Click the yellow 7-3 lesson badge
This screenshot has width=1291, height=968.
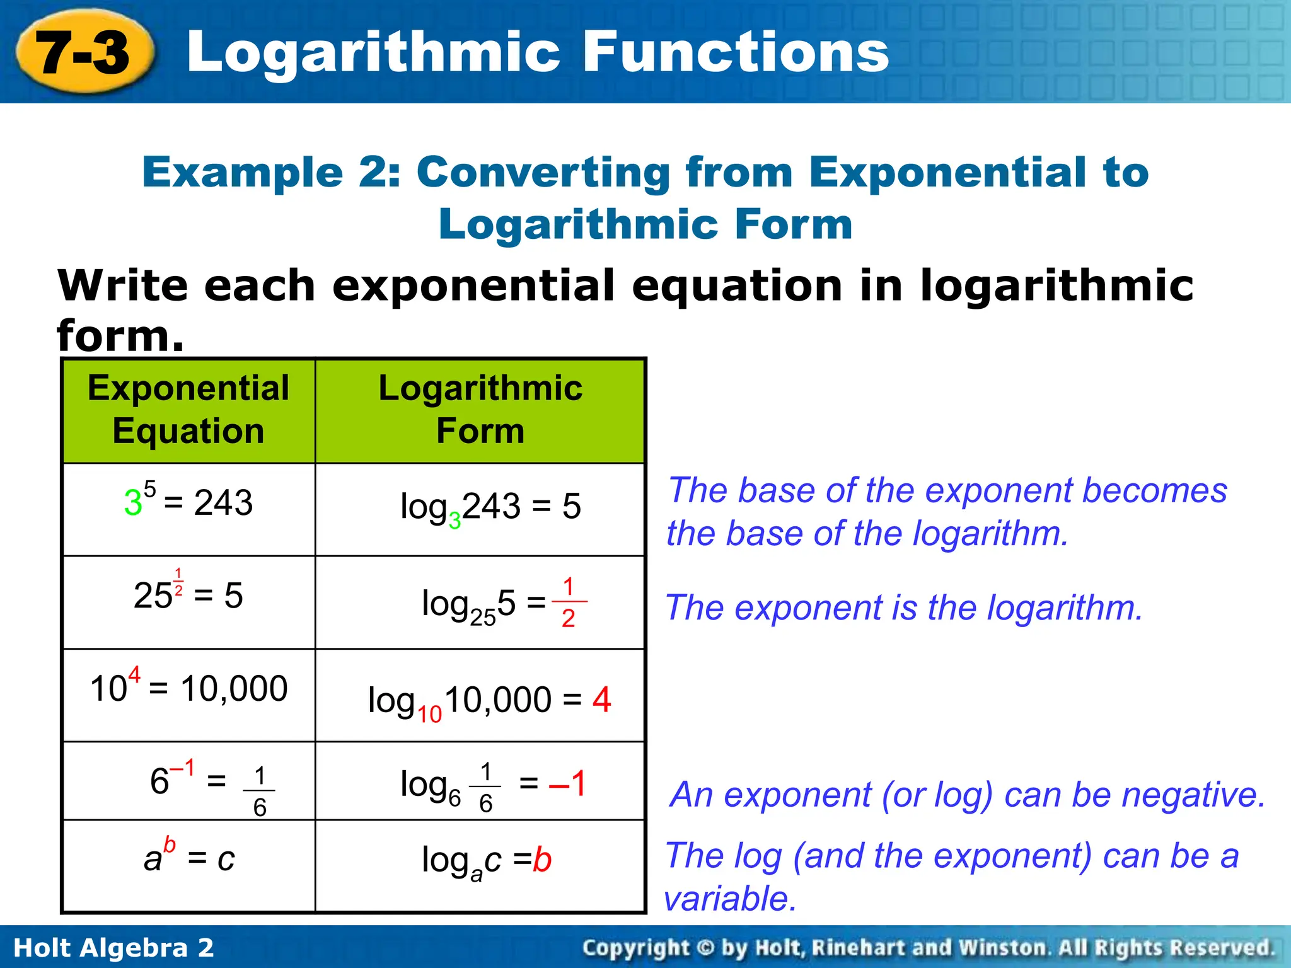click(x=84, y=52)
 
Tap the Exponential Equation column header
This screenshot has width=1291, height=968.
click(x=188, y=410)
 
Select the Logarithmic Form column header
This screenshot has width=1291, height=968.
click(x=480, y=410)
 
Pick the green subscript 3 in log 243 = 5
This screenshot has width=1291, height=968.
click(x=454, y=521)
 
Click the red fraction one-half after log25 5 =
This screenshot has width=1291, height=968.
click(x=569, y=602)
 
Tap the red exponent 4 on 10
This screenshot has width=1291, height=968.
click(x=134, y=676)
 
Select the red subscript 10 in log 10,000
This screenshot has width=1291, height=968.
click(x=429, y=714)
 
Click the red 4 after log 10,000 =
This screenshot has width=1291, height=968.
click(x=601, y=700)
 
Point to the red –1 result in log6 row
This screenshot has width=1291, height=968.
click(x=567, y=783)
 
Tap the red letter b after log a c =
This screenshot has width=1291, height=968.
click(x=542, y=860)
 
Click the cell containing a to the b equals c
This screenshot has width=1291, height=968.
click(x=188, y=859)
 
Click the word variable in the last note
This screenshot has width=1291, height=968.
click(x=730, y=898)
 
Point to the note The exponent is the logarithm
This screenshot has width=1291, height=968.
click(x=904, y=608)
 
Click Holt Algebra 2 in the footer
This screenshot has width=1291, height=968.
click(x=114, y=948)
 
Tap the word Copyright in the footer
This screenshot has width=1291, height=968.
click(x=635, y=948)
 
